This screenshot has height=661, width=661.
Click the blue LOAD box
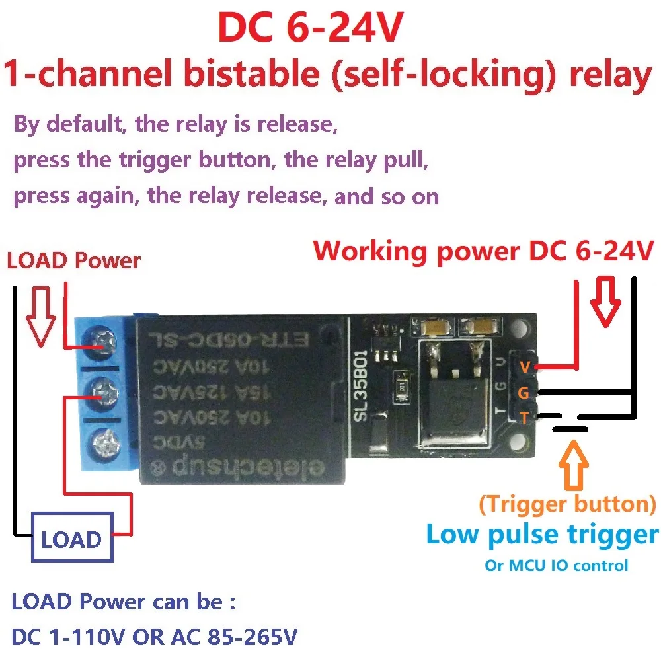coord(71,540)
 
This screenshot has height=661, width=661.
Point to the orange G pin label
coord(524,393)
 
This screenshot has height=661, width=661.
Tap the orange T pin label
coord(524,418)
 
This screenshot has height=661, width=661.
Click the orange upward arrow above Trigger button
coord(572,464)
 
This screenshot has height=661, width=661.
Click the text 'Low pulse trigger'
coord(542,534)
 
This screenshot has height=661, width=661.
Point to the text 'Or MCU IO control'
coord(556,565)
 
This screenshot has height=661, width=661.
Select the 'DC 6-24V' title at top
coord(310,29)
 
